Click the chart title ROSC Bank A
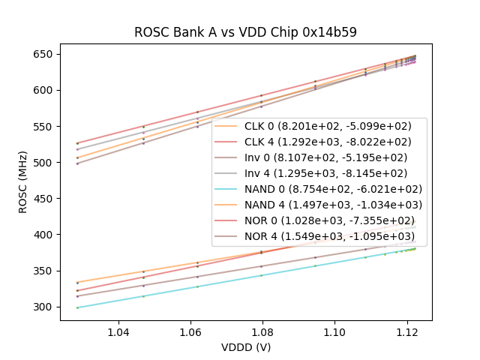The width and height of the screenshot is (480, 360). tap(245, 32)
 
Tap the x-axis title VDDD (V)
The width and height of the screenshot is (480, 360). tap(245, 347)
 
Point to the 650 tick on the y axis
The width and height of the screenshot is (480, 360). tap(43, 54)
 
